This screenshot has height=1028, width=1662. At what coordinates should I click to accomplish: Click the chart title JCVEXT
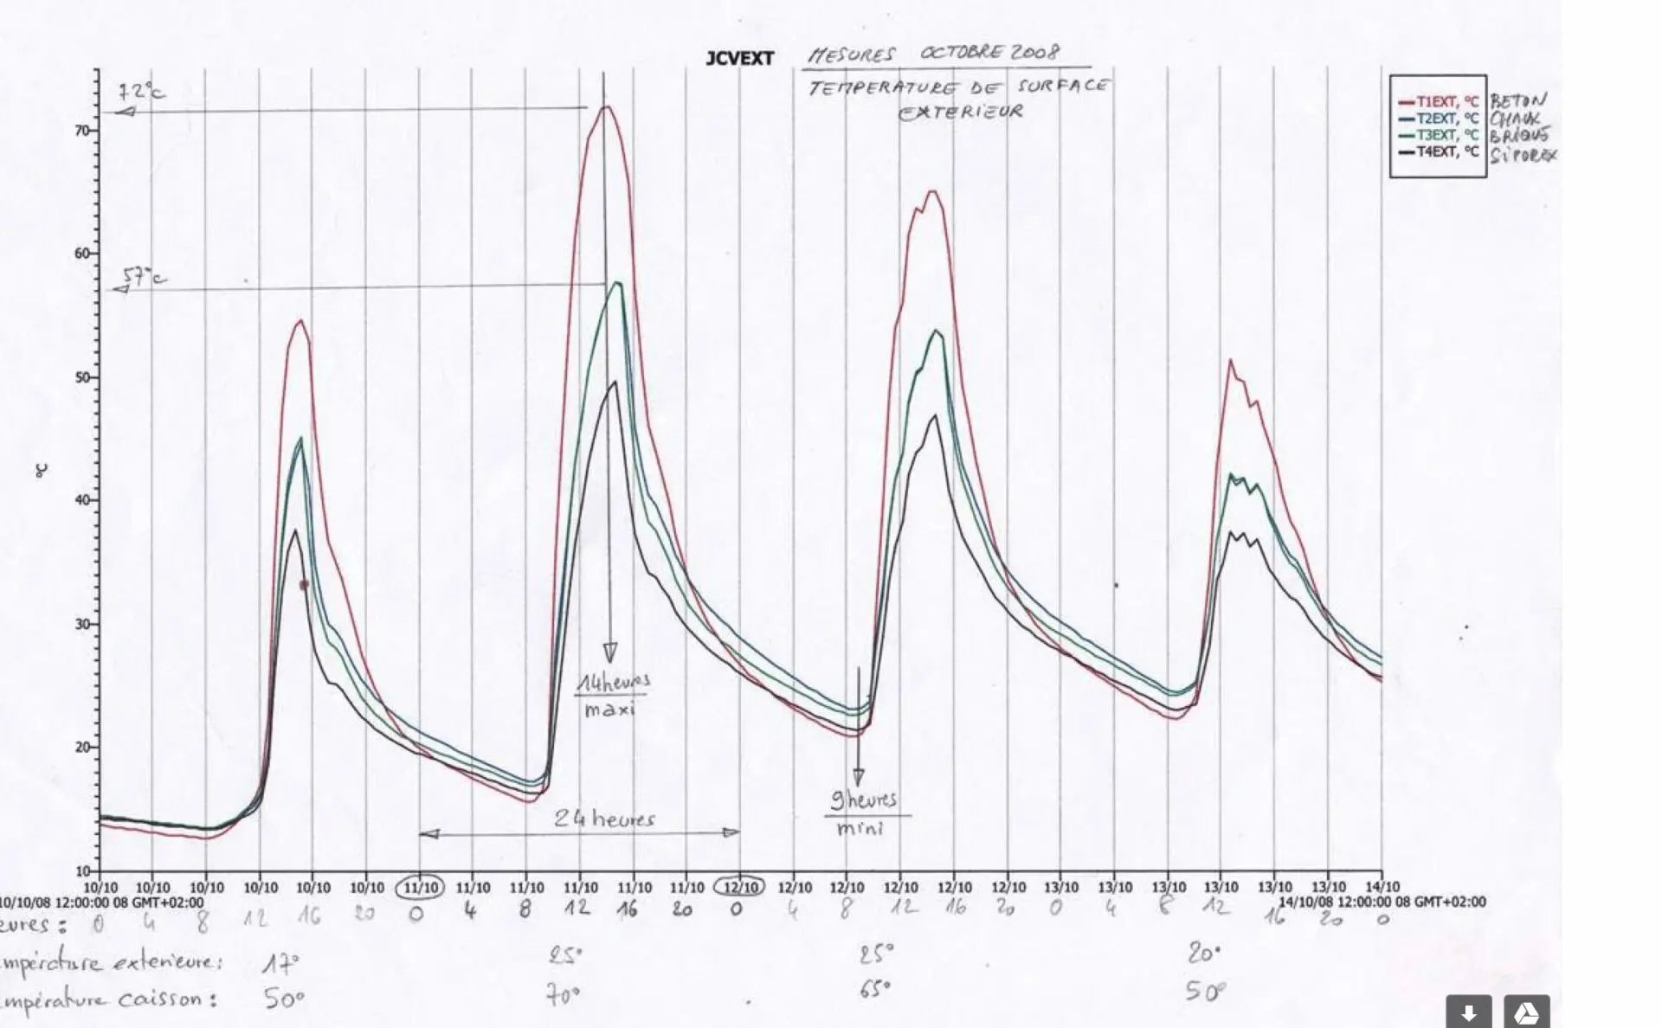[739, 59]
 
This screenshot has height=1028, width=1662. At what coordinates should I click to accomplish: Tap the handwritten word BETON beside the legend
[1517, 100]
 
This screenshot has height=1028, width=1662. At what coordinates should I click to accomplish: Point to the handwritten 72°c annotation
[141, 90]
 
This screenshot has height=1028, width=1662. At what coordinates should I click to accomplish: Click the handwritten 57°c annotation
[144, 277]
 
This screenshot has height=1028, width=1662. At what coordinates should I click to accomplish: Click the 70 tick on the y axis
[83, 131]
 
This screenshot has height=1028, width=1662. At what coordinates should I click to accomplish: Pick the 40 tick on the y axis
[83, 500]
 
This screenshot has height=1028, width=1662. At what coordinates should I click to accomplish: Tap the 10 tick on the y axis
[83, 871]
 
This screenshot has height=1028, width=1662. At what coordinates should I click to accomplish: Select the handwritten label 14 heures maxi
[613, 695]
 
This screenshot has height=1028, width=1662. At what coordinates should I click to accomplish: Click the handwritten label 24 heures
[604, 818]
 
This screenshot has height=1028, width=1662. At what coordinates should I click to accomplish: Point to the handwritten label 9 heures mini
[862, 812]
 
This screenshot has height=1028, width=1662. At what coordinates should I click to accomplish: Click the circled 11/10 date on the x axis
[420, 888]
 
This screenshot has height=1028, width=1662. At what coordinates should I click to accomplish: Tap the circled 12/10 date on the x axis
[739, 888]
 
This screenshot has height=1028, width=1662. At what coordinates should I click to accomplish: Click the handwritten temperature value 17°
[280, 963]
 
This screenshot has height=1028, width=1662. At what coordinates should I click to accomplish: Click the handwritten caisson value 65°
[875, 988]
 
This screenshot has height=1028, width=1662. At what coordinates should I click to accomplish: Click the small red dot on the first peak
[304, 585]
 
